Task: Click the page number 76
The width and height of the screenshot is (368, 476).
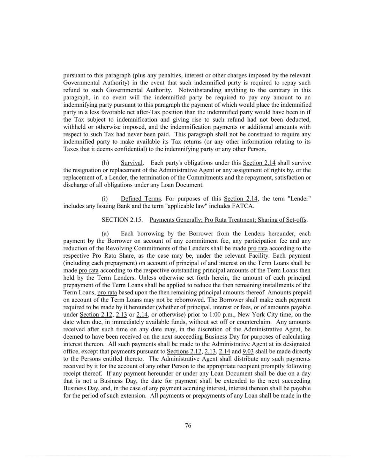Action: pos(188,425)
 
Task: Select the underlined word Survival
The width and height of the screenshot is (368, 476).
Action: pos(132,163)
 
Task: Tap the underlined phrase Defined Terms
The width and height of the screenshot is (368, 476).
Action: pos(141,199)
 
